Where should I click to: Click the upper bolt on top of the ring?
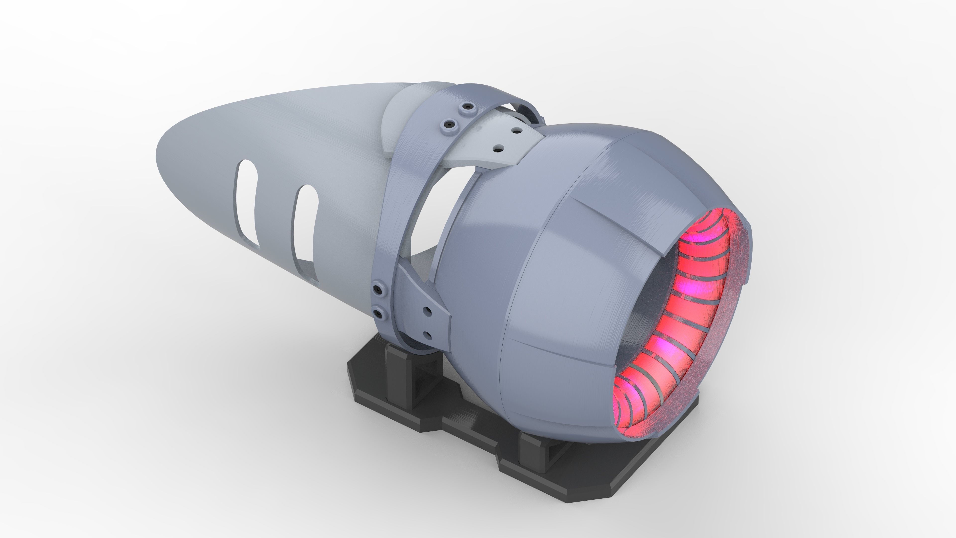coord(467,107)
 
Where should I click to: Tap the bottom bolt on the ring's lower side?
coord(379,314)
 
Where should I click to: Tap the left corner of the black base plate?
coord(349,368)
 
